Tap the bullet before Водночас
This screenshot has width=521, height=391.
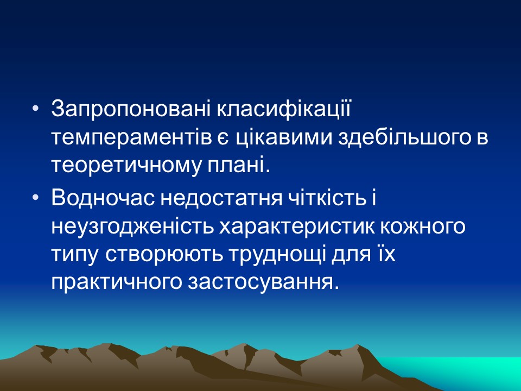(x=36, y=199)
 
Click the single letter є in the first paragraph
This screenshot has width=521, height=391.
(x=221, y=137)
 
